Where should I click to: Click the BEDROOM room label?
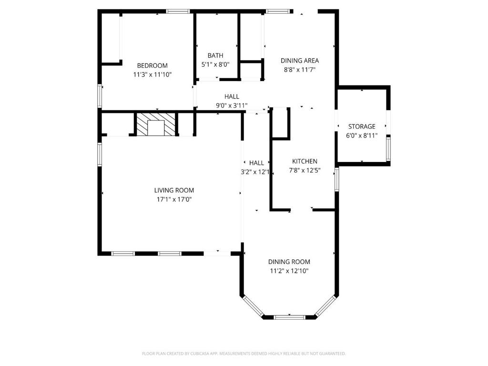pyautogui.click(x=152, y=66)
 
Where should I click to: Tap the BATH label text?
pyautogui.click(x=215, y=56)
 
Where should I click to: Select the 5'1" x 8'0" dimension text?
pyautogui.click(x=215, y=65)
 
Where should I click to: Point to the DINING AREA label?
pyautogui.click(x=300, y=61)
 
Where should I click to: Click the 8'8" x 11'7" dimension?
pyautogui.click(x=300, y=70)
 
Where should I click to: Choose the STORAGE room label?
pyautogui.click(x=362, y=126)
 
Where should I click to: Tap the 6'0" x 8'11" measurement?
pyautogui.click(x=362, y=136)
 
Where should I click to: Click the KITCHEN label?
pyautogui.click(x=305, y=161)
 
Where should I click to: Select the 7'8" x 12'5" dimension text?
pyautogui.click(x=305, y=170)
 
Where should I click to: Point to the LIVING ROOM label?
pyautogui.click(x=174, y=190)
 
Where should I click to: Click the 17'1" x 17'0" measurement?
pyautogui.click(x=174, y=199)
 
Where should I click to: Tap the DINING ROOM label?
pyautogui.click(x=289, y=262)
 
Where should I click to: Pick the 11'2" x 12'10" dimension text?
pyautogui.click(x=289, y=271)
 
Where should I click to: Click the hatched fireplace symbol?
pyautogui.click(x=156, y=124)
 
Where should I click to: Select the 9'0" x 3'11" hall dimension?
pyautogui.click(x=232, y=105)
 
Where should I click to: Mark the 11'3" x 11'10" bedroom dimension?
pyautogui.click(x=152, y=75)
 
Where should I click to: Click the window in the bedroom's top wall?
pyautogui.click(x=178, y=11)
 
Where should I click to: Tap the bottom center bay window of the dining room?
pyautogui.click(x=289, y=317)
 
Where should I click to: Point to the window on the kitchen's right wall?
pyautogui.click(x=337, y=179)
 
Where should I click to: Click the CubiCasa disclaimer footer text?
pyautogui.click(x=244, y=354)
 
